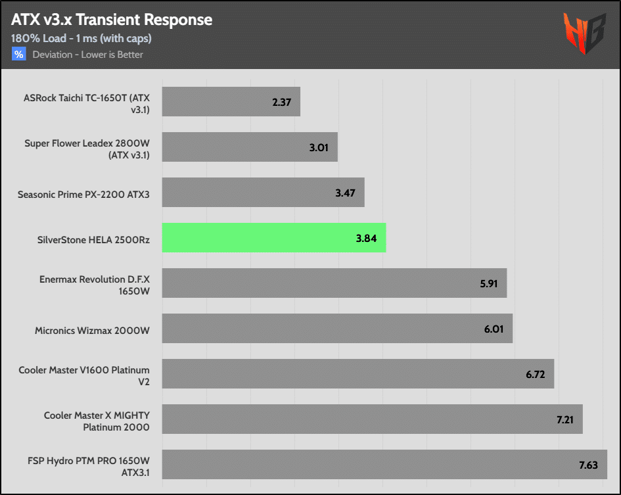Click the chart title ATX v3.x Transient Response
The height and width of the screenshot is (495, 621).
coord(112,20)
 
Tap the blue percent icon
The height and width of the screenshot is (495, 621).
coord(18,55)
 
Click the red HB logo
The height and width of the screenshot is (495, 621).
coord(583,33)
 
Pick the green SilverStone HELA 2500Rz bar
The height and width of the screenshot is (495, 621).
coord(273,237)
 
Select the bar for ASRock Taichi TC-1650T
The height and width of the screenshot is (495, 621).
coord(231,102)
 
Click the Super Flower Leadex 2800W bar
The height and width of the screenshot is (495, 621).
coord(250,147)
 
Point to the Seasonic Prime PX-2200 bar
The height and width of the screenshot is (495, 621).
coord(263,193)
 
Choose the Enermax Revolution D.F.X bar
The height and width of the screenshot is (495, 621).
coord(334,283)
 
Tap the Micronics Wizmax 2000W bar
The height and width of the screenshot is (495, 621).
coord(337,328)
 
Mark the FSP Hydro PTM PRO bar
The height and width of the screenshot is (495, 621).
coord(384,464)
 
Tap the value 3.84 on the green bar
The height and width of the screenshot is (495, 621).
coord(366,238)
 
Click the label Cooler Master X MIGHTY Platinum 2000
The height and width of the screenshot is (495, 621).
coord(97,421)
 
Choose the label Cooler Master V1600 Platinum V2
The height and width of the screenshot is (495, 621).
coord(84,375)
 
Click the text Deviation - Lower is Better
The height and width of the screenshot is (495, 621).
coord(87,55)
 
